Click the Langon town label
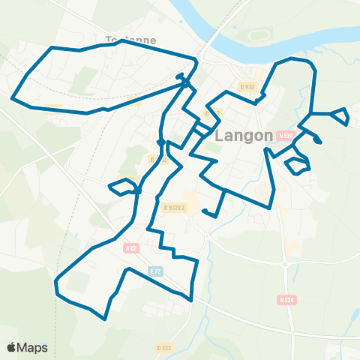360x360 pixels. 244,136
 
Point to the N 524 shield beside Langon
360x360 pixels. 283,136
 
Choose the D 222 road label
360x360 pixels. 165,347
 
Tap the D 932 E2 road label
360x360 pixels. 175,206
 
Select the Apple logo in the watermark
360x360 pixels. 13,347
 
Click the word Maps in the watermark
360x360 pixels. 33,347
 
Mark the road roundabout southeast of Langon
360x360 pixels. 285,264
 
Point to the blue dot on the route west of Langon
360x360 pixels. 160,141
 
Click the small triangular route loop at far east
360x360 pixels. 341,115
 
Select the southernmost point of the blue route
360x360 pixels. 105,319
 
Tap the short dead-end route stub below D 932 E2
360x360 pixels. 210,213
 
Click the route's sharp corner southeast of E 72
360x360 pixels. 192,300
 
